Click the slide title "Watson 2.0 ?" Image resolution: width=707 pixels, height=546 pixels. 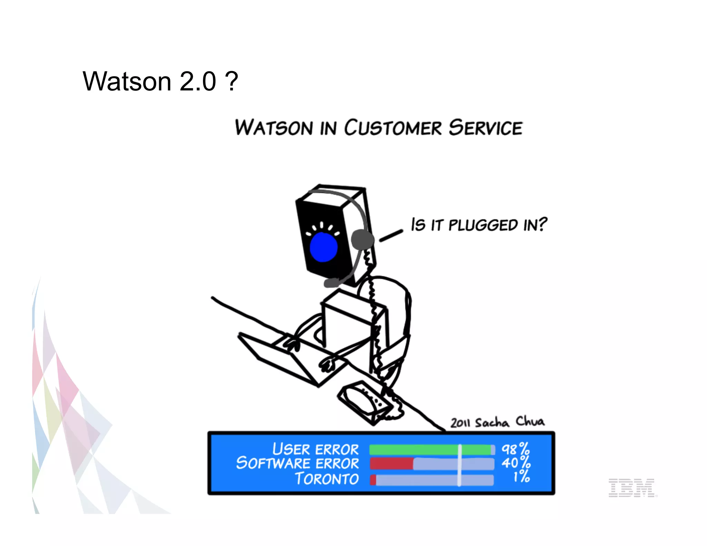tap(160, 81)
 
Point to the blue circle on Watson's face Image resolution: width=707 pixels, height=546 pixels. tap(323, 247)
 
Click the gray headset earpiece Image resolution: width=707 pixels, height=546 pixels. tap(362, 240)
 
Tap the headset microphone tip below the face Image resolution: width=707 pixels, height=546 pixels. tap(331, 283)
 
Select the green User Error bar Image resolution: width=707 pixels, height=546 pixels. tap(430, 449)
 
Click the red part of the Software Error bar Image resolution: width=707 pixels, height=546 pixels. tap(391, 464)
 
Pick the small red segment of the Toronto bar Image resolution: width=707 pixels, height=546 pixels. tap(373, 480)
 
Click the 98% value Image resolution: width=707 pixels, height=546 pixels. tap(515, 449)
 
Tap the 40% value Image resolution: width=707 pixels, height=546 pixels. tap(516, 463)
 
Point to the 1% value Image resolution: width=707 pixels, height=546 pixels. tap(521, 477)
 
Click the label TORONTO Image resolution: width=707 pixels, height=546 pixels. tap(327, 479)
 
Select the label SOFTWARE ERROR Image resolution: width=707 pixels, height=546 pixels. tap(298, 463)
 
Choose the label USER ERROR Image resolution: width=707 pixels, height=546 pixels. tap(316, 449)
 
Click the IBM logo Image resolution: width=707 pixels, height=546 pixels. tap(631, 487)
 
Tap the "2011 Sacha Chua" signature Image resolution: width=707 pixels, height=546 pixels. tap(497, 422)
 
